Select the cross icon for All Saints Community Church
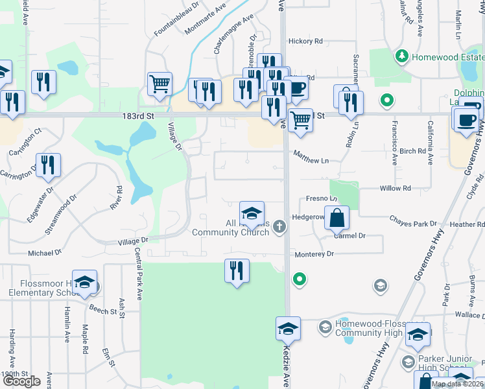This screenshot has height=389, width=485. (279, 226)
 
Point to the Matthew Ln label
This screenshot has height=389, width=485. (311, 159)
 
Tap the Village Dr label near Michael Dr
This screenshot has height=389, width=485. (133, 240)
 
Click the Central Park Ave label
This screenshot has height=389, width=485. (139, 274)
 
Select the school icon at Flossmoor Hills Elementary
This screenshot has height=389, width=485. (84, 281)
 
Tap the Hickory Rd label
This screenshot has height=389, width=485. (305, 41)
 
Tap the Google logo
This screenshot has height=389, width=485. (21, 381)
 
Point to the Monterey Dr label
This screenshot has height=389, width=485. (314, 254)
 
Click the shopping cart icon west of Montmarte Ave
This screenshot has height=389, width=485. (159, 83)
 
